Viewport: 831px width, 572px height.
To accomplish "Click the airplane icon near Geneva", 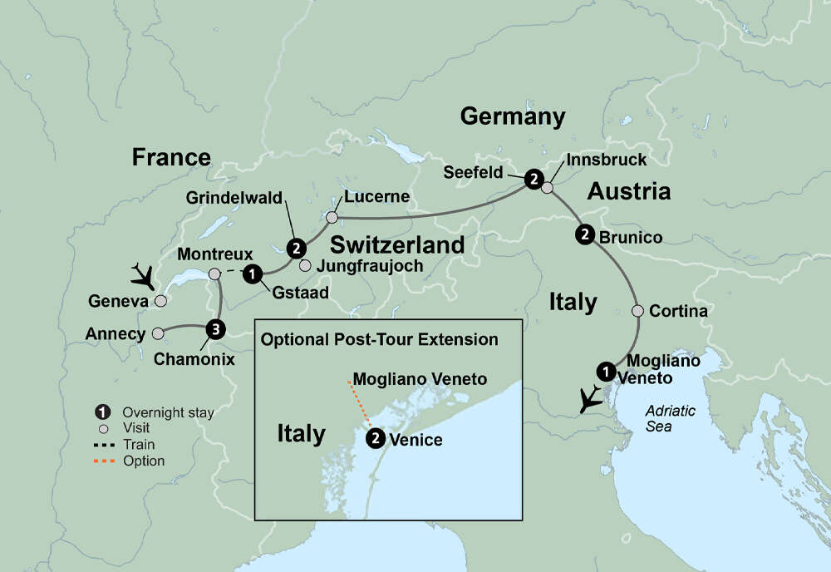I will coord(143,274).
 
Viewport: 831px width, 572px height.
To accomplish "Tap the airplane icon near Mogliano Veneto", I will coord(591,400).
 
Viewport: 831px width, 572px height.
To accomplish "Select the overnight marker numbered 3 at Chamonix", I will coord(215,330).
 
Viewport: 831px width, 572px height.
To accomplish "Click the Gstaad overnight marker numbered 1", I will coord(254,272).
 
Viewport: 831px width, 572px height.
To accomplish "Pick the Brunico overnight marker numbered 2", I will coord(585,234).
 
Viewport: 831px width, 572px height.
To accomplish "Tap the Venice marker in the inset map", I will coord(376,437).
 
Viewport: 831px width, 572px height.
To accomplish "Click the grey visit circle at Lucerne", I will coord(332,218).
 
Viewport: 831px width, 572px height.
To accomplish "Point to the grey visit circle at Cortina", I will coord(637,312).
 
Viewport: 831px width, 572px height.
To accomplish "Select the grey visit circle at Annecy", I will coord(158,333).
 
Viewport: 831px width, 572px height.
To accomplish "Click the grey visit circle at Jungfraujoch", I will coord(305,266).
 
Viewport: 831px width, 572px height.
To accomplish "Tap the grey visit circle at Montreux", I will coord(214,274).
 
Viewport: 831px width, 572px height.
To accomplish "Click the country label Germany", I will coord(512,116).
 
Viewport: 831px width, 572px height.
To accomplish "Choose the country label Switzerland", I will coord(396,244).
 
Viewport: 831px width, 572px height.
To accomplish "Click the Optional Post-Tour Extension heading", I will coord(379,339).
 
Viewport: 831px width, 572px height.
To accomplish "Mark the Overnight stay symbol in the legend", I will coord(102,412).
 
